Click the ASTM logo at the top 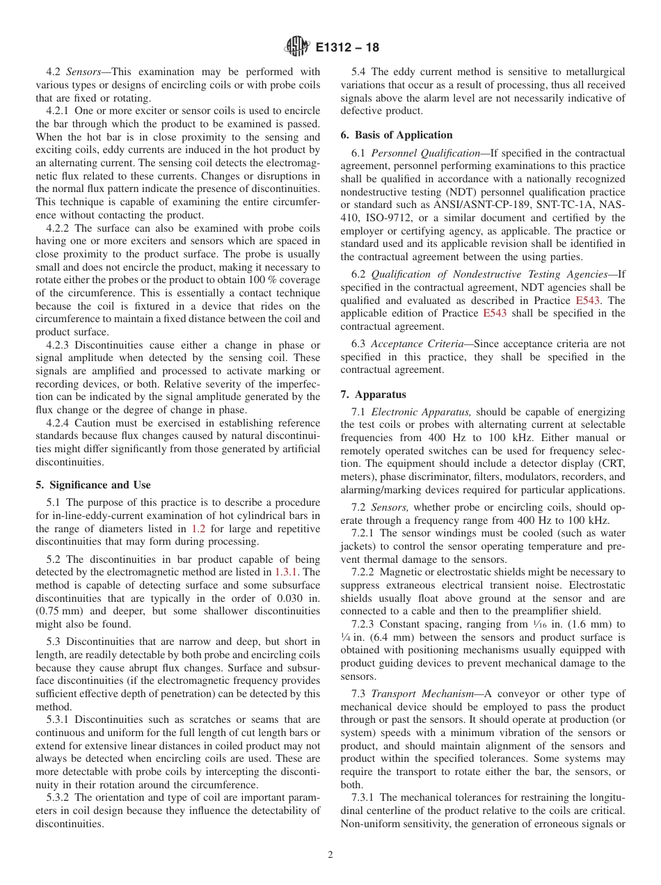[x=297, y=47]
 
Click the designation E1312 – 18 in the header [x=347, y=48]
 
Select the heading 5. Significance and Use [x=93, y=485]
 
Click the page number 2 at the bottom [x=330, y=855]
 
